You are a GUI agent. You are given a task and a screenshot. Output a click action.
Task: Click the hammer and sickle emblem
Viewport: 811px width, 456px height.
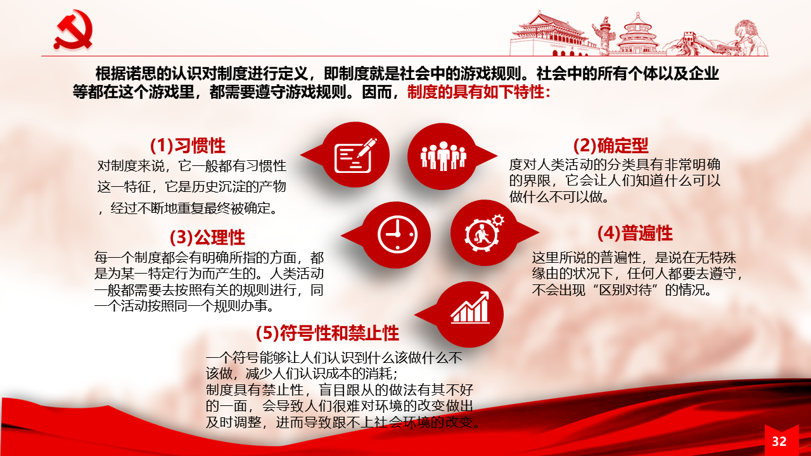point(73,30)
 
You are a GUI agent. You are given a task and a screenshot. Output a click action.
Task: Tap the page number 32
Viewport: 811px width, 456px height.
point(779,441)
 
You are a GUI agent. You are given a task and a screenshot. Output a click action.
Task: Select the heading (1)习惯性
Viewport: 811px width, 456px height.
point(188,146)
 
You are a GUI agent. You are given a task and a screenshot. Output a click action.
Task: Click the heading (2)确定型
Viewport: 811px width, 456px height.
point(611,146)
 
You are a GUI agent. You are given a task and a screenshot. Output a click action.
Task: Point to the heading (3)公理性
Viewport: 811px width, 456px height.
point(207,237)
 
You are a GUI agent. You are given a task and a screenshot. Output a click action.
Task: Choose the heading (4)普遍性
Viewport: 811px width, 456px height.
point(635,233)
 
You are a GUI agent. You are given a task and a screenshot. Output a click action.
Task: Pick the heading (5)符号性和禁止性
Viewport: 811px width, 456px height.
point(328,333)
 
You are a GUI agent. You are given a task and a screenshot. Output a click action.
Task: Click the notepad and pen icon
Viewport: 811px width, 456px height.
point(355,156)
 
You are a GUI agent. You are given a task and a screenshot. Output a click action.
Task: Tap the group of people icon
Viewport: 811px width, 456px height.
point(443,156)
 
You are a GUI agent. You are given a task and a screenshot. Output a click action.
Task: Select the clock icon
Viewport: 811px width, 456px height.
point(397,235)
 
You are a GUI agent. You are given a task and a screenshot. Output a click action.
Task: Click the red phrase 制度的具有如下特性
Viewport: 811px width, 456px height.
point(476,92)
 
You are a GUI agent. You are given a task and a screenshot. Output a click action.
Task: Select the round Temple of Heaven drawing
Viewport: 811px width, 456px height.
point(638,34)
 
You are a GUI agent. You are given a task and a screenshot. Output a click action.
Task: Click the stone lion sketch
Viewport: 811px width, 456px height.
point(750,37)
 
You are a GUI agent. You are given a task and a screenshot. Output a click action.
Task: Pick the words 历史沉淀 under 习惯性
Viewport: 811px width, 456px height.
point(218,187)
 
